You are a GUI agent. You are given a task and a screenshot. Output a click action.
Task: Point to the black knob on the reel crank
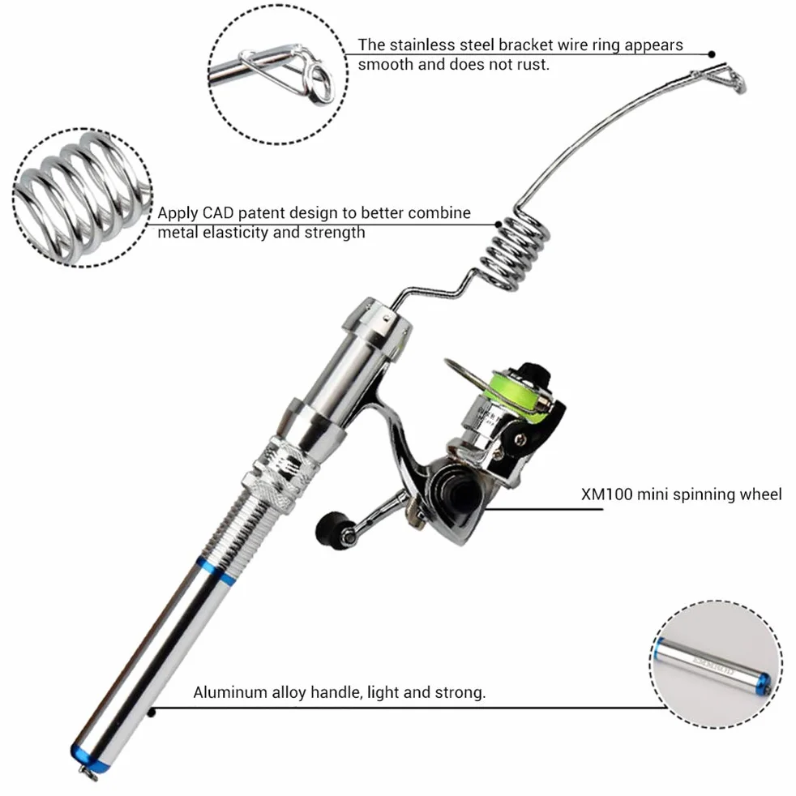[x=331, y=529]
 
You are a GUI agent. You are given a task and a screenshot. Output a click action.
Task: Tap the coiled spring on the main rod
[x=514, y=250]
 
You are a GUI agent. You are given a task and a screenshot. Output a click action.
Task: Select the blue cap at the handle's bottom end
[x=88, y=755]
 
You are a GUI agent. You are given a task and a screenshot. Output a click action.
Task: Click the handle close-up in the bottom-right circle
[x=714, y=665]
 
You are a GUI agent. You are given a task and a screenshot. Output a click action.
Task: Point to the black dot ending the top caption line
[x=712, y=53]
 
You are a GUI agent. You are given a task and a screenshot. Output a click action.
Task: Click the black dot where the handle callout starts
[x=152, y=713]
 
